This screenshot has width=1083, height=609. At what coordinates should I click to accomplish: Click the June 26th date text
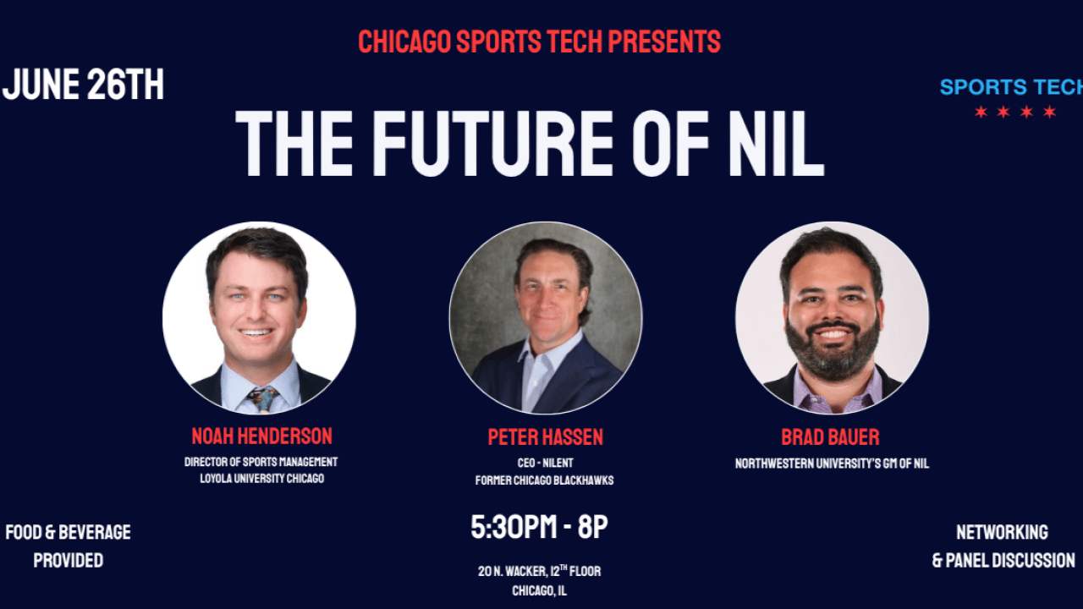[x=83, y=84]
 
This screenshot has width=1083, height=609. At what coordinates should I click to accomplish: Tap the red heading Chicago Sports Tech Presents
[x=539, y=41]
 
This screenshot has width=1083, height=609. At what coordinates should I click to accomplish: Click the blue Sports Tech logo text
[x=1011, y=87]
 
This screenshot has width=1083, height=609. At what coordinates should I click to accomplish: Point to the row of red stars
[x=1014, y=112]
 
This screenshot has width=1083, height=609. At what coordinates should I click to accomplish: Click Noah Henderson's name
[x=261, y=436]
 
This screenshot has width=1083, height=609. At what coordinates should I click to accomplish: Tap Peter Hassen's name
[x=546, y=437]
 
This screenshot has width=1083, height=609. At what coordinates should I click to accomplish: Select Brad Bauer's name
[x=830, y=437]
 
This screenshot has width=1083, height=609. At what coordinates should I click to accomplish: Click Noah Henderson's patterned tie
[x=262, y=399]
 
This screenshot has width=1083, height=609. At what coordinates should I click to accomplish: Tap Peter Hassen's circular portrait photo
[x=546, y=317]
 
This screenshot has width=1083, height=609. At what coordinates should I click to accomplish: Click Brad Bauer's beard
[x=833, y=348]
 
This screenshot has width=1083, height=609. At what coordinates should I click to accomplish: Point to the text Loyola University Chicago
[x=262, y=479]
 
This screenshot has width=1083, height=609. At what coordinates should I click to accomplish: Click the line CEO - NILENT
[x=545, y=463]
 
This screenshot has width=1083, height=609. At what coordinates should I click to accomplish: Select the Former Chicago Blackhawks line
[x=544, y=480]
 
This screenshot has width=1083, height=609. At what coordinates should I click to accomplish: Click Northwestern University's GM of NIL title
[x=832, y=464]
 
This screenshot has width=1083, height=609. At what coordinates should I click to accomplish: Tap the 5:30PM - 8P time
[x=539, y=527]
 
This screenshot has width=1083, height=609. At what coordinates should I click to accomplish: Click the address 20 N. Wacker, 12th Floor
[x=539, y=571]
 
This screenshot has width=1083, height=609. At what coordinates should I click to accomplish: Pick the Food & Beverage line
[x=69, y=532]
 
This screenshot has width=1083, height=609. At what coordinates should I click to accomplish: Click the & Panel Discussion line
[x=1003, y=560]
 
